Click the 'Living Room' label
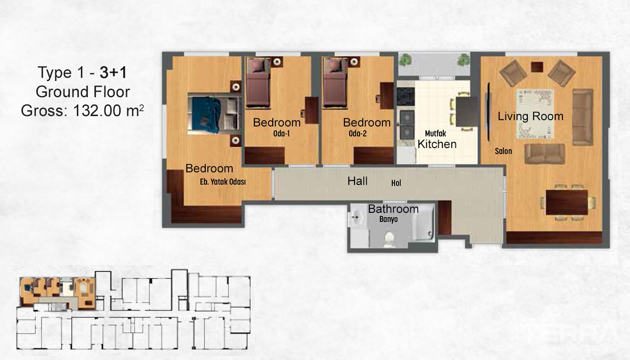531,117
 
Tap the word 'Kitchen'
437,144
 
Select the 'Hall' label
357,181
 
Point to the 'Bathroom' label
393,209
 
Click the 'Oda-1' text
281,133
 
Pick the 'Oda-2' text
357,133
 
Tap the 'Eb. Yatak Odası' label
223,182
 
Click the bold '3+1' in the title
113,72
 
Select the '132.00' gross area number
97,111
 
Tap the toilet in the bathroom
389,239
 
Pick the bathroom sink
357,217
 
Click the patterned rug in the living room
535,114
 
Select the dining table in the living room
567,202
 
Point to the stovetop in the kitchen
405,96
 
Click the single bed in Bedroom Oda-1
257,83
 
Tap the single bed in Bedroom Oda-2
335,83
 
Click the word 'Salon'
504,151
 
